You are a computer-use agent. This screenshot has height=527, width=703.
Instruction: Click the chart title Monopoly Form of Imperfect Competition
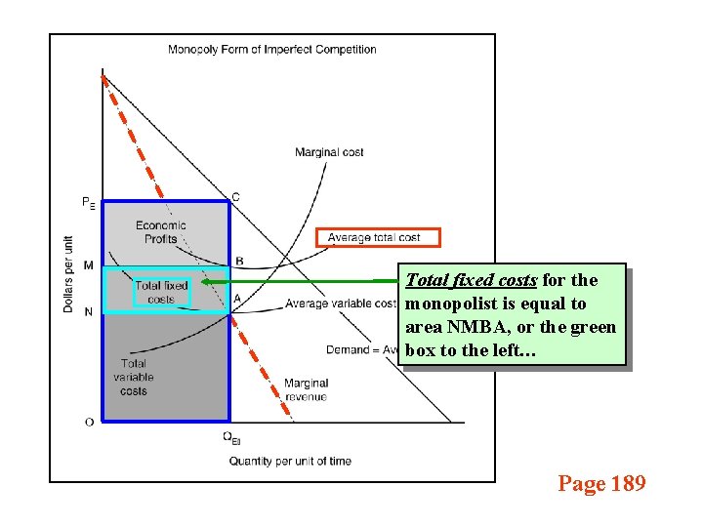[272, 50]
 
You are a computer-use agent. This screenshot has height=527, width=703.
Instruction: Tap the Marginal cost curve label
[329, 152]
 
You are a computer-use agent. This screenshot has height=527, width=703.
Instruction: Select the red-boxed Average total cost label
[378, 237]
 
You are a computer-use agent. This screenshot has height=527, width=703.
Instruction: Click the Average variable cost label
[340, 304]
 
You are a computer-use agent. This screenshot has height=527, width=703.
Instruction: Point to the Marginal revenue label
[306, 389]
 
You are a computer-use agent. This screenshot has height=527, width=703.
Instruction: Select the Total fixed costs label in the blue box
[161, 292]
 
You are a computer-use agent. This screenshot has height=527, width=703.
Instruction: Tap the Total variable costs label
[134, 378]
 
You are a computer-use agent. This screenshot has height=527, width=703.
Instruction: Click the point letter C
[235, 197]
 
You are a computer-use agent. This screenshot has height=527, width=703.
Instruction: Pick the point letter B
[239, 262]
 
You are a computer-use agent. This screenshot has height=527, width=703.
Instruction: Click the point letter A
[238, 299]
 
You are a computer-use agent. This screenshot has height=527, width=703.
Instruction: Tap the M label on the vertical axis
[89, 265]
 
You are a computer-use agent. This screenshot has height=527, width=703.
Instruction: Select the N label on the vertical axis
[89, 312]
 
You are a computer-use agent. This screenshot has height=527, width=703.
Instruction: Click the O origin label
[89, 422]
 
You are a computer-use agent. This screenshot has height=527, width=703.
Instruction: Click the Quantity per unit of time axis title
[290, 461]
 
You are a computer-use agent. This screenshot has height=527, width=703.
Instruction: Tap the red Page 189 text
[601, 483]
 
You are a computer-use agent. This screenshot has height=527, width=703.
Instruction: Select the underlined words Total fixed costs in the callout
[471, 280]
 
